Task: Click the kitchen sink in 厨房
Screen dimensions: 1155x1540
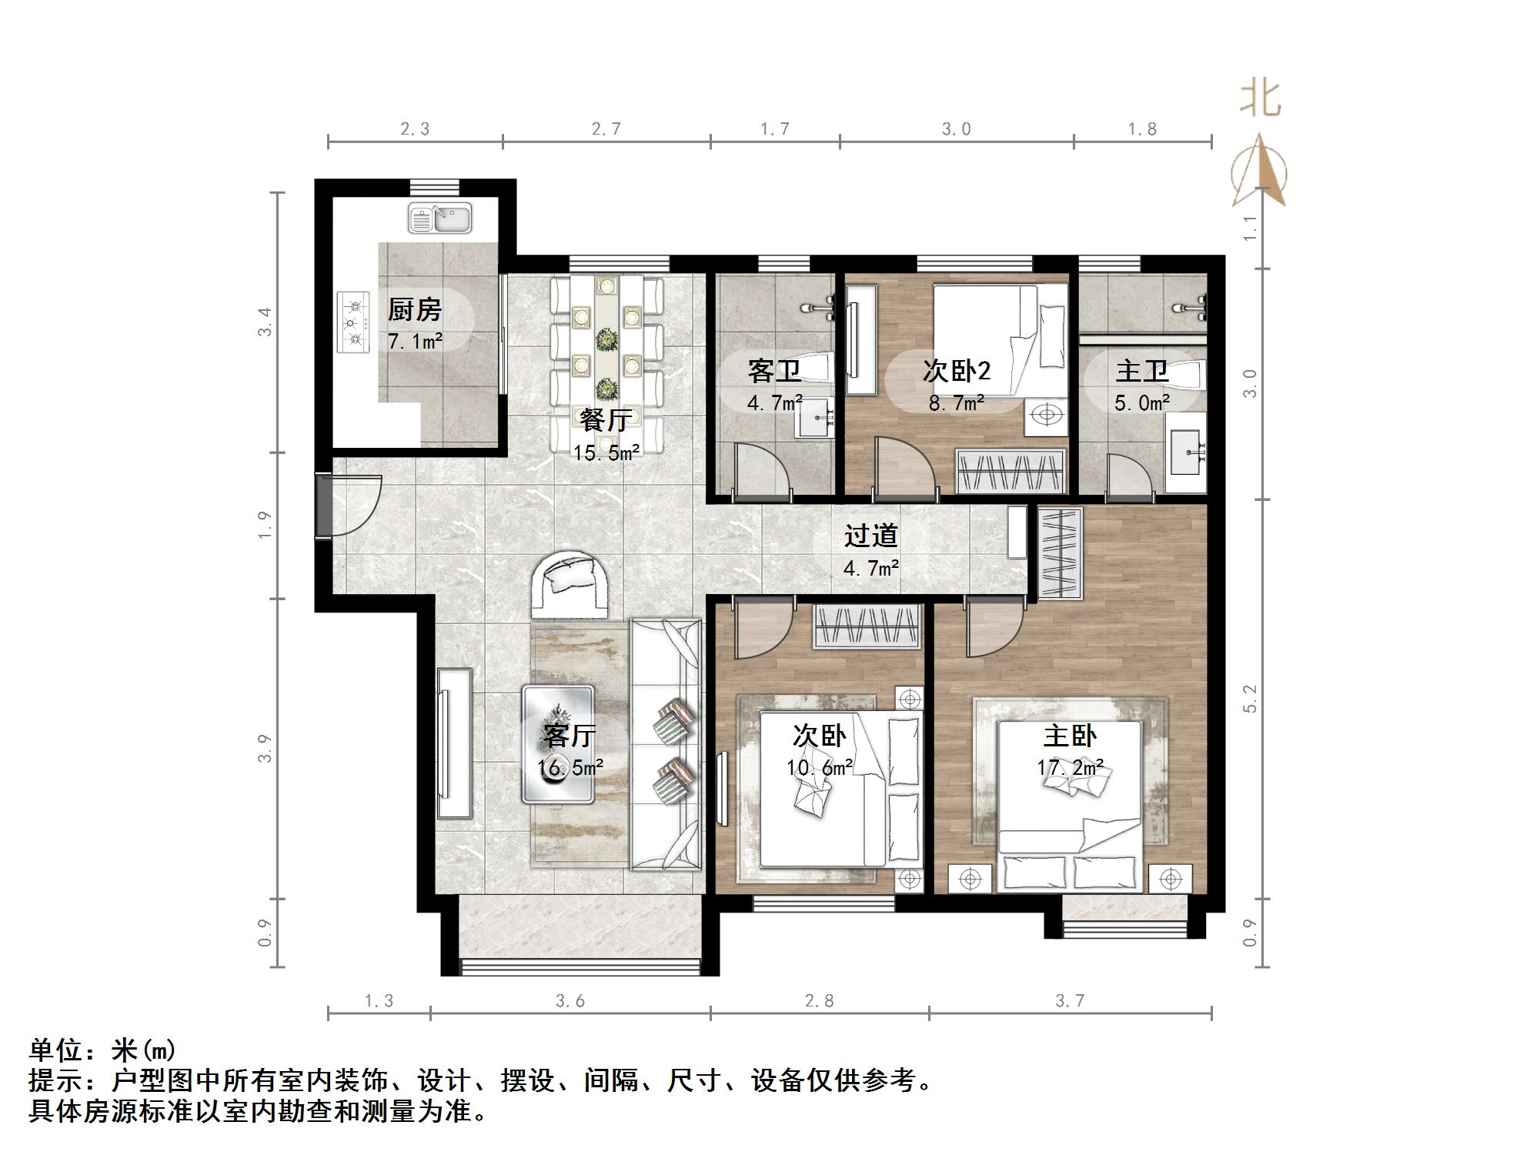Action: pyautogui.click(x=439, y=219)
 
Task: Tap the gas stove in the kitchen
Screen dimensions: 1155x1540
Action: pyautogui.click(x=353, y=322)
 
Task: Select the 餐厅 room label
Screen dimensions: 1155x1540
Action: pyautogui.click(x=606, y=420)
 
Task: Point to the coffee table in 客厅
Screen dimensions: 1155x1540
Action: pyautogui.click(x=558, y=744)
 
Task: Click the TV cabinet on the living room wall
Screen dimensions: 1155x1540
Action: pyautogui.click(x=453, y=743)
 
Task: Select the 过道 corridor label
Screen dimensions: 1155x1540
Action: pyautogui.click(x=871, y=536)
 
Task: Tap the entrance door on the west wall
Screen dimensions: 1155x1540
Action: pyautogui.click(x=350, y=506)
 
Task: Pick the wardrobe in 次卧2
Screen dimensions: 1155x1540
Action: pyautogui.click(x=1011, y=470)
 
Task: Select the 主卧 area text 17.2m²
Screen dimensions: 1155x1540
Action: pyautogui.click(x=1070, y=768)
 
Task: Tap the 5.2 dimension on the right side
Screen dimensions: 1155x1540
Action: pyautogui.click(x=1250, y=699)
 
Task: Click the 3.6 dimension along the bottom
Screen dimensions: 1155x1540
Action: pyautogui.click(x=570, y=1001)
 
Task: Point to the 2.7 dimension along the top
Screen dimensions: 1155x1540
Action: pyautogui.click(x=606, y=129)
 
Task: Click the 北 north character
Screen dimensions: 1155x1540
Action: pyautogui.click(x=1260, y=98)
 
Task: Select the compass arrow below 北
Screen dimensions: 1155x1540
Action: pyautogui.click(x=1259, y=171)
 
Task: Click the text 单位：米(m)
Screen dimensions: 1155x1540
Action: pyautogui.click(x=103, y=1050)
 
